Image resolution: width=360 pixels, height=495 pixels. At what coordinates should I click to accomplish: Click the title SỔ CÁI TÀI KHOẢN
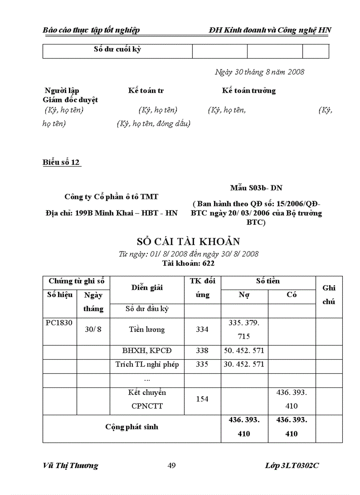tap(189, 242)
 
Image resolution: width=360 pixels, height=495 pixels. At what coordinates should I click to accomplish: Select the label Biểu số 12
tap(61, 162)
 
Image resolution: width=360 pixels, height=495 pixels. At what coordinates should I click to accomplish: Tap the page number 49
tap(172, 465)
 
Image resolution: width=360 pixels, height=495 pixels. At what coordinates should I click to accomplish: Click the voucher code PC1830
tap(59, 323)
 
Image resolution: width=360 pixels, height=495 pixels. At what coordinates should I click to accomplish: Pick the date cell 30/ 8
tap(93, 329)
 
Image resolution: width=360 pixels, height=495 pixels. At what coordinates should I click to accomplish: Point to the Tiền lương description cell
tap(147, 329)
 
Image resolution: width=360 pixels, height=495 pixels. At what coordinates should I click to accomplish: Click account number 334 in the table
tap(202, 329)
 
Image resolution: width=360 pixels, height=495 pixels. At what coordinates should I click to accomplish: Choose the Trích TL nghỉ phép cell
tap(147, 364)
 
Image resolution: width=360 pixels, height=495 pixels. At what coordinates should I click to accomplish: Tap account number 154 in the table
tap(202, 399)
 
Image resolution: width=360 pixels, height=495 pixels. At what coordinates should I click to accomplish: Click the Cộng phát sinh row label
tap(131, 427)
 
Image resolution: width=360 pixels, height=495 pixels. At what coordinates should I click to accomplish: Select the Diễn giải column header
tap(147, 287)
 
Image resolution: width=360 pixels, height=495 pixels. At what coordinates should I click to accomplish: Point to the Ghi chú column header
tap(329, 294)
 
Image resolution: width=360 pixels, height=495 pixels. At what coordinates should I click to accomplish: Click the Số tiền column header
tap(268, 281)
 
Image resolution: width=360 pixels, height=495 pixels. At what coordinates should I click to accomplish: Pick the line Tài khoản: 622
tap(188, 263)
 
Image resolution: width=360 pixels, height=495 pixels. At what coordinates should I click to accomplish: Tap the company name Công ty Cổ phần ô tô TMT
tap(111, 197)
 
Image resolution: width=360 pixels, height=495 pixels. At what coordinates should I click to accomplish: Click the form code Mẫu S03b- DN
tap(256, 188)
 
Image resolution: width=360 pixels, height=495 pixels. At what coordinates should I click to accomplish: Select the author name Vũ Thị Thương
tap(71, 465)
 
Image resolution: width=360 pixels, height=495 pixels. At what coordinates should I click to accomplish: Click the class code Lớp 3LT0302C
tap(292, 465)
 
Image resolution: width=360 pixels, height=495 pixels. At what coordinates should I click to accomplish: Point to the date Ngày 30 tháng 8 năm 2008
tap(259, 72)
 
